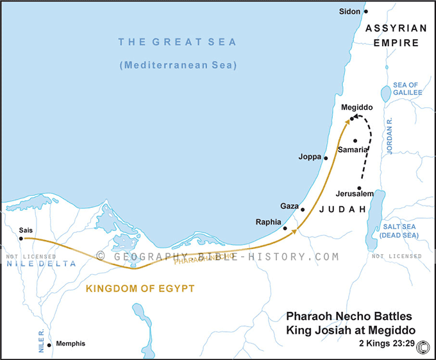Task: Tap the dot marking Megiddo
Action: pos(352,119)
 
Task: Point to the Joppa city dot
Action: pos(326,158)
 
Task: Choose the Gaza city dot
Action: pos(303,209)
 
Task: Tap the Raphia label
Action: pos(269,221)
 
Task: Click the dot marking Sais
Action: pos(21,239)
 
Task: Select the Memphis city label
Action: pos(71,344)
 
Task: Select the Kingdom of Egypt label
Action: pos(140,289)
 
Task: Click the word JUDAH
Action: pos(342,209)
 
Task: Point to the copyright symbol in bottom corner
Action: pos(423,347)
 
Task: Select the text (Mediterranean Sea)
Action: pos(177,65)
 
